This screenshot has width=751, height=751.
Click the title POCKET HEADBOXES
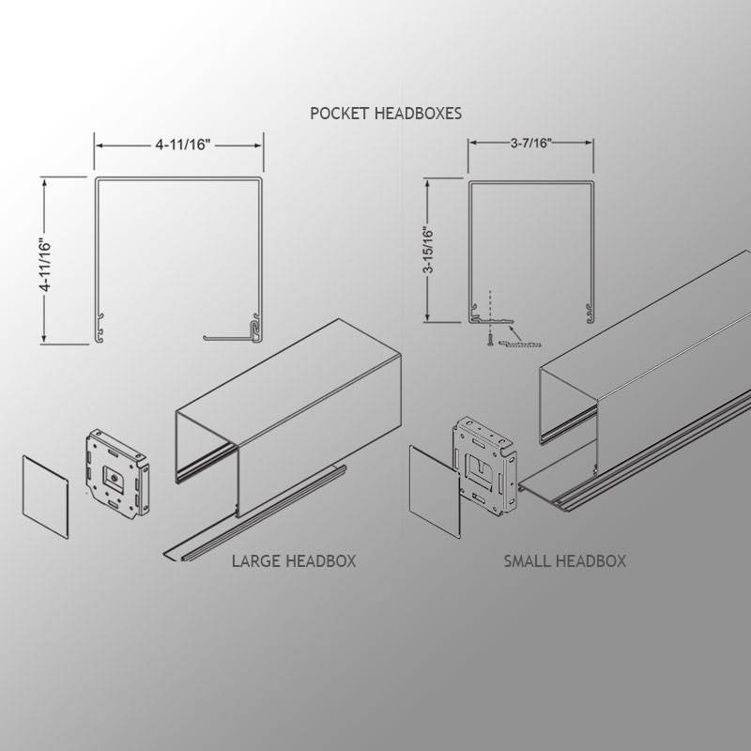(386, 114)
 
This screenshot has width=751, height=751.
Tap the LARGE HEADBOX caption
(294, 560)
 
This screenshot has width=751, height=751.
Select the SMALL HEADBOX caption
(565, 560)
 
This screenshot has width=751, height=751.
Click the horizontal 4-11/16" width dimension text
(183, 145)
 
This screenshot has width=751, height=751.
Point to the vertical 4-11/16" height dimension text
(45, 265)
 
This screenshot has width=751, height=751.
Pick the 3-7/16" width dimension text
(531, 143)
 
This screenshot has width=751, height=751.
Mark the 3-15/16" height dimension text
(429, 250)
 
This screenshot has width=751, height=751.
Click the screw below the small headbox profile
(490, 342)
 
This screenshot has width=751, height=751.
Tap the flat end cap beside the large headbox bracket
(45, 497)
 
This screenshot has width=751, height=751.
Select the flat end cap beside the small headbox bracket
(435, 491)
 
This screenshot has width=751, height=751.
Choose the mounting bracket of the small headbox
(484, 466)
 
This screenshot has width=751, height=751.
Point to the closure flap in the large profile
(229, 338)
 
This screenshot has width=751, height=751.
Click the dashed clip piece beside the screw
(520, 344)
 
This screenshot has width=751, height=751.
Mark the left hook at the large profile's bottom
(100, 328)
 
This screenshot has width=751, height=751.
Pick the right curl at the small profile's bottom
(590, 313)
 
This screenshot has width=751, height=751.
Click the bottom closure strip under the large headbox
(254, 512)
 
